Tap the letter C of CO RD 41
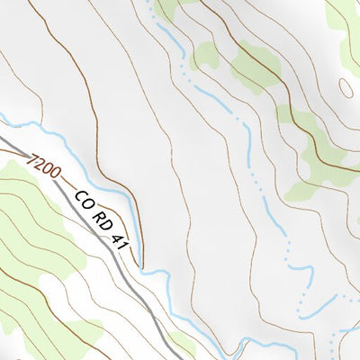coord(79,196)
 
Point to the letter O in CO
coord(87,204)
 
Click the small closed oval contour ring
coord(346,87)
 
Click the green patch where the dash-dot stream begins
coord(166,11)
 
